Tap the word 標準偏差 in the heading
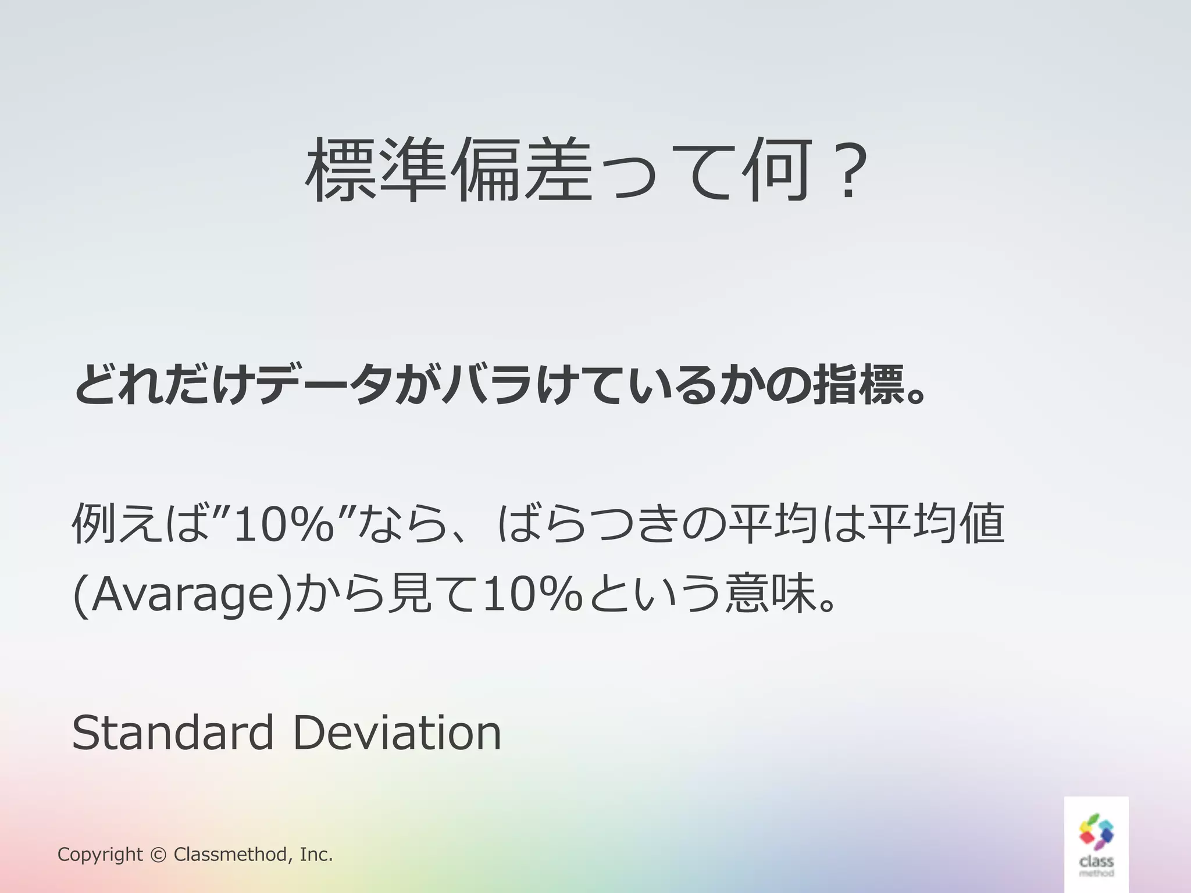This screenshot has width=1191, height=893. [x=447, y=171]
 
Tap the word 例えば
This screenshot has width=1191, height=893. [x=140, y=524]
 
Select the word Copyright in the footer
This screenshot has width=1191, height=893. [x=100, y=855]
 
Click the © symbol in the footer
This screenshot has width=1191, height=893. [x=158, y=855]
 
